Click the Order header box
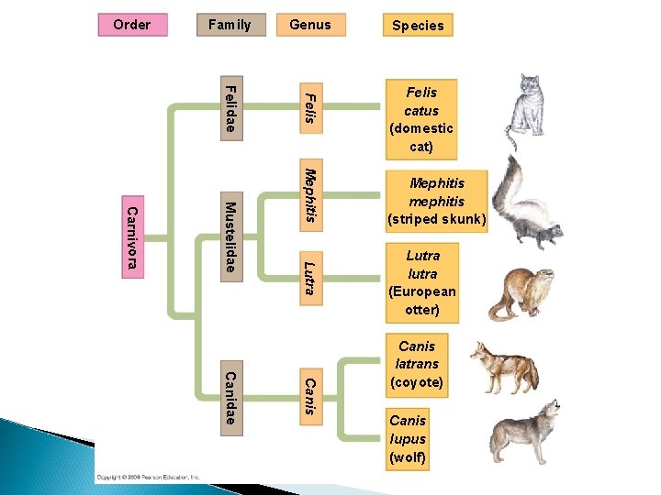pyautogui.click(x=132, y=25)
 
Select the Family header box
pyautogui.click(x=230, y=25)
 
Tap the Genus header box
pyautogui.click(x=310, y=25)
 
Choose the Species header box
pyautogui.click(x=418, y=26)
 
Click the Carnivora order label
pyautogui.click(x=132, y=237)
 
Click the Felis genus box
pyautogui.click(x=310, y=108)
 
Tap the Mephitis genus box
pyautogui.click(x=310, y=193)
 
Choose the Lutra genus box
pyautogui.click(x=310, y=277)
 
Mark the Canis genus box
pyautogui.click(x=310, y=396)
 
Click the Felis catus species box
pyautogui.click(x=421, y=119)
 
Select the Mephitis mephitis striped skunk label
pyautogui.click(x=437, y=202)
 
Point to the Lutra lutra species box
pyautogui.click(x=422, y=282)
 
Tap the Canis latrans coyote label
pyautogui.click(x=417, y=364)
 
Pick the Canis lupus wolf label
pyautogui.click(x=408, y=438)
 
